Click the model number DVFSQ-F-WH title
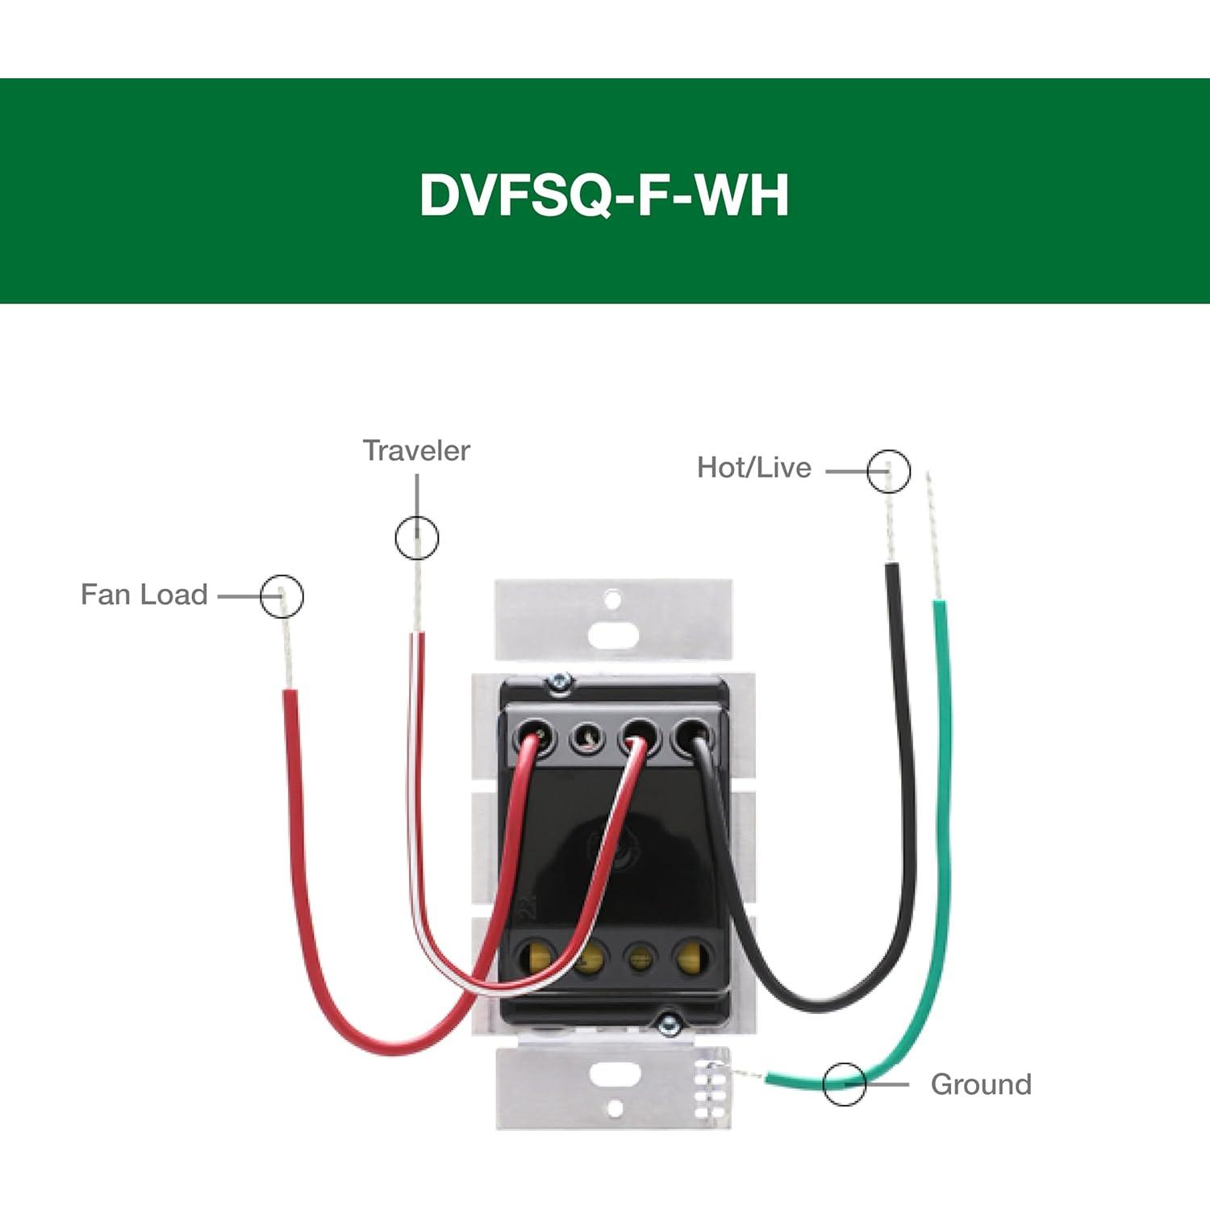click(603, 195)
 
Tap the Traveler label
click(415, 451)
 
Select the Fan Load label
click(144, 595)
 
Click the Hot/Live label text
click(753, 468)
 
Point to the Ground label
click(980, 1084)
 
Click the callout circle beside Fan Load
click(282, 597)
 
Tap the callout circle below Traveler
click(417, 537)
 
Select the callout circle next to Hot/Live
click(888, 471)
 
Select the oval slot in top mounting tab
click(613, 634)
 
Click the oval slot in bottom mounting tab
click(615, 1074)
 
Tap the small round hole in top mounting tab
click(613, 599)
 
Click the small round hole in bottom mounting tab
click(615, 1109)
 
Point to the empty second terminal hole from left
click(586, 738)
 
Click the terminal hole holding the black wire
click(692, 736)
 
